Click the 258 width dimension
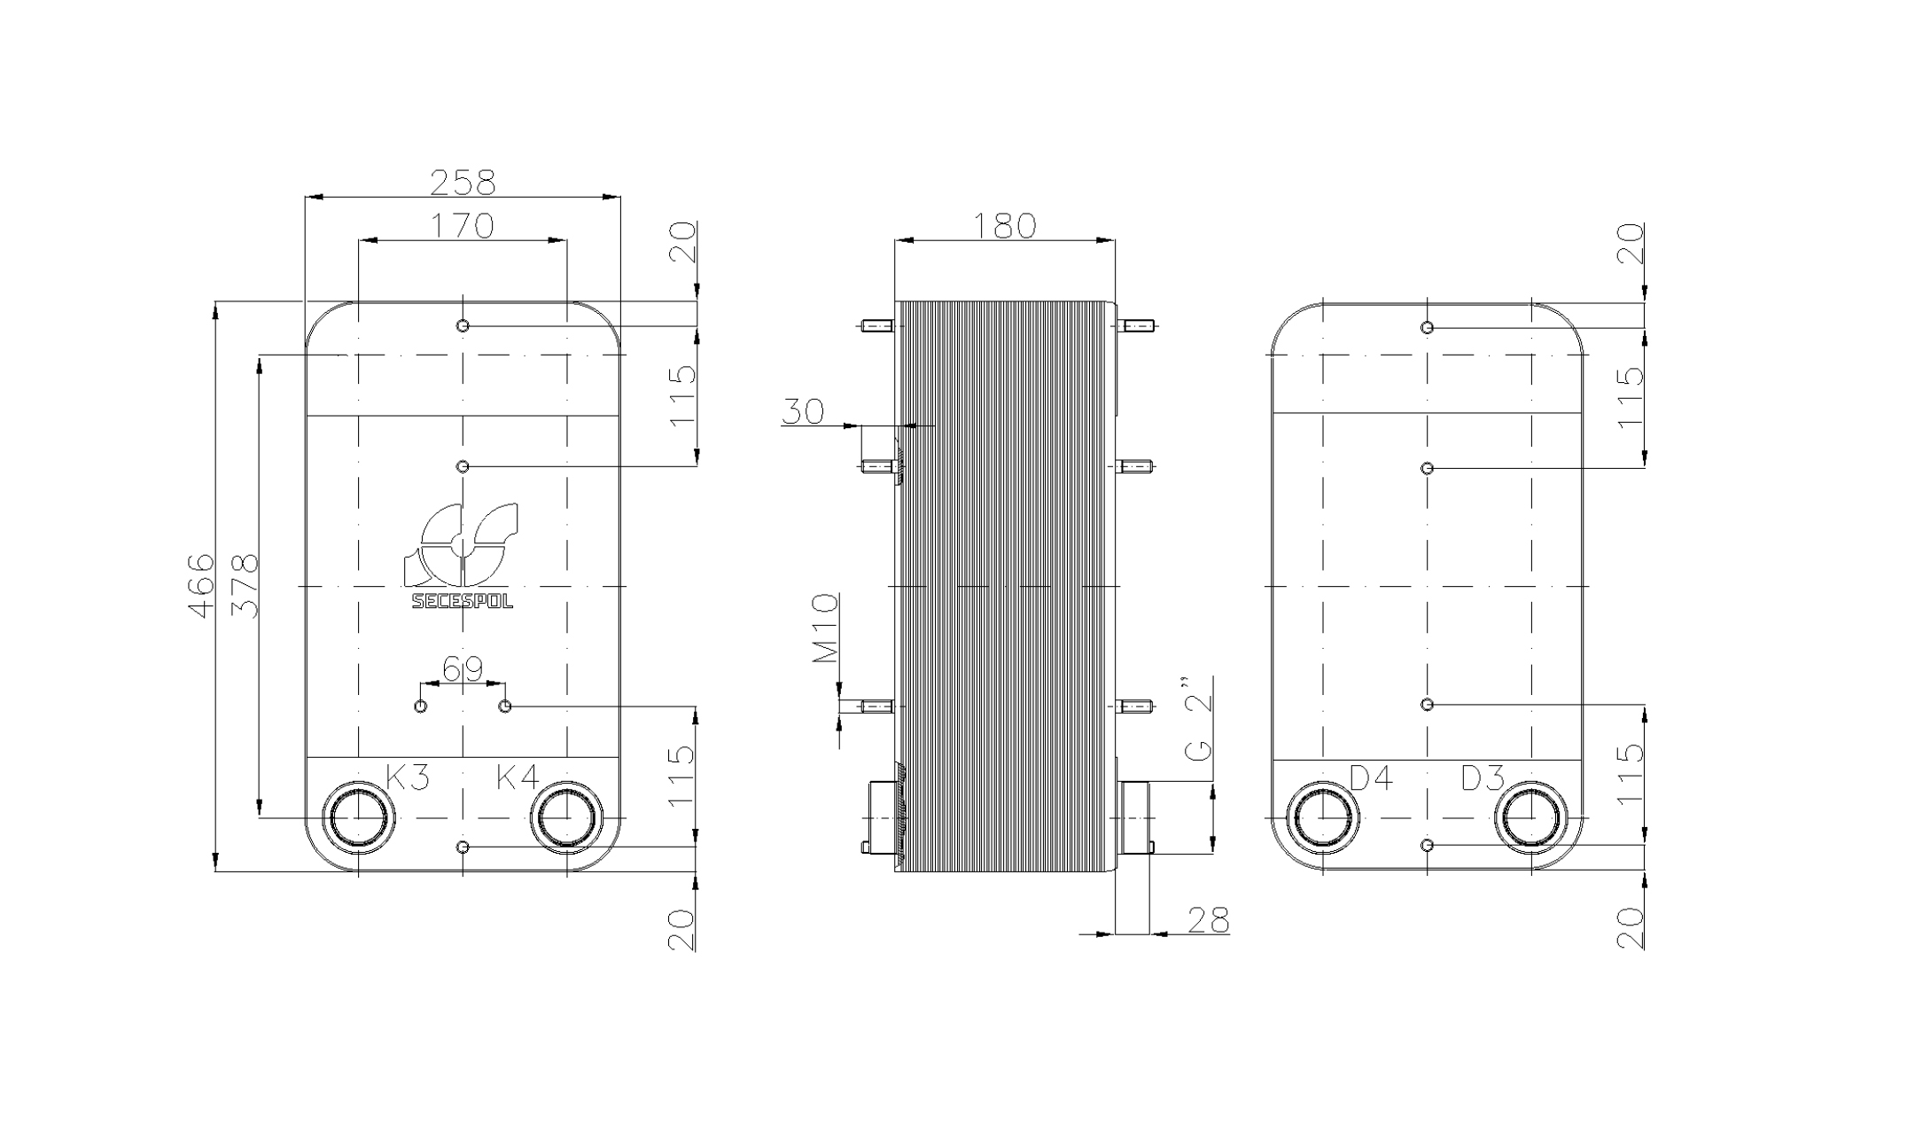(x=462, y=183)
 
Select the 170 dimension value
(x=462, y=226)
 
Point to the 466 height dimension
(x=202, y=585)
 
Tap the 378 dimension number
(x=245, y=585)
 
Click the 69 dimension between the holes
(x=462, y=669)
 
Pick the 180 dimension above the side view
(x=1004, y=226)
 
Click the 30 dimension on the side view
(x=803, y=411)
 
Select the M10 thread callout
(x=826, y=629)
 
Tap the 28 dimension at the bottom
(x=1208, y=921)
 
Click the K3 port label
(x=408, y=777)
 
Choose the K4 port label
(x=517, y=777)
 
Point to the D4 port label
(x=1371, y=778)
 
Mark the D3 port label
(x=1483, y=778)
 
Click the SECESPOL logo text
(x=462, y=601)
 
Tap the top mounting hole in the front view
(x=463, y=326)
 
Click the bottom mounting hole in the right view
(x=1427, y=845)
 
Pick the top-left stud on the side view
(x=876, y=326)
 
